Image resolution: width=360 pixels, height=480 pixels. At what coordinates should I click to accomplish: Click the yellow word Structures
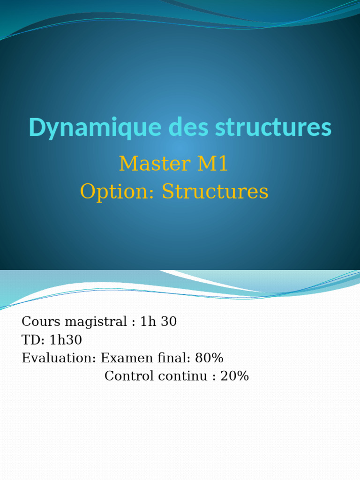(215, 192)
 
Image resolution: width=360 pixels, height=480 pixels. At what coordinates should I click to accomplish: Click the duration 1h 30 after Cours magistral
(158, 322)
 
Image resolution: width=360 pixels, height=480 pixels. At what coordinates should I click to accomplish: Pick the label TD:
(32, 340)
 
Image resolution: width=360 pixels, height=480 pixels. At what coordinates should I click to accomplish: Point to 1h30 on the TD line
(66, 340)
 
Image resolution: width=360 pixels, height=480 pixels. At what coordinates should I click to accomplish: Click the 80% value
(209, 358)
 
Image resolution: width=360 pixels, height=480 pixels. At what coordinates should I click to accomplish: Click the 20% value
(234, 376)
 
